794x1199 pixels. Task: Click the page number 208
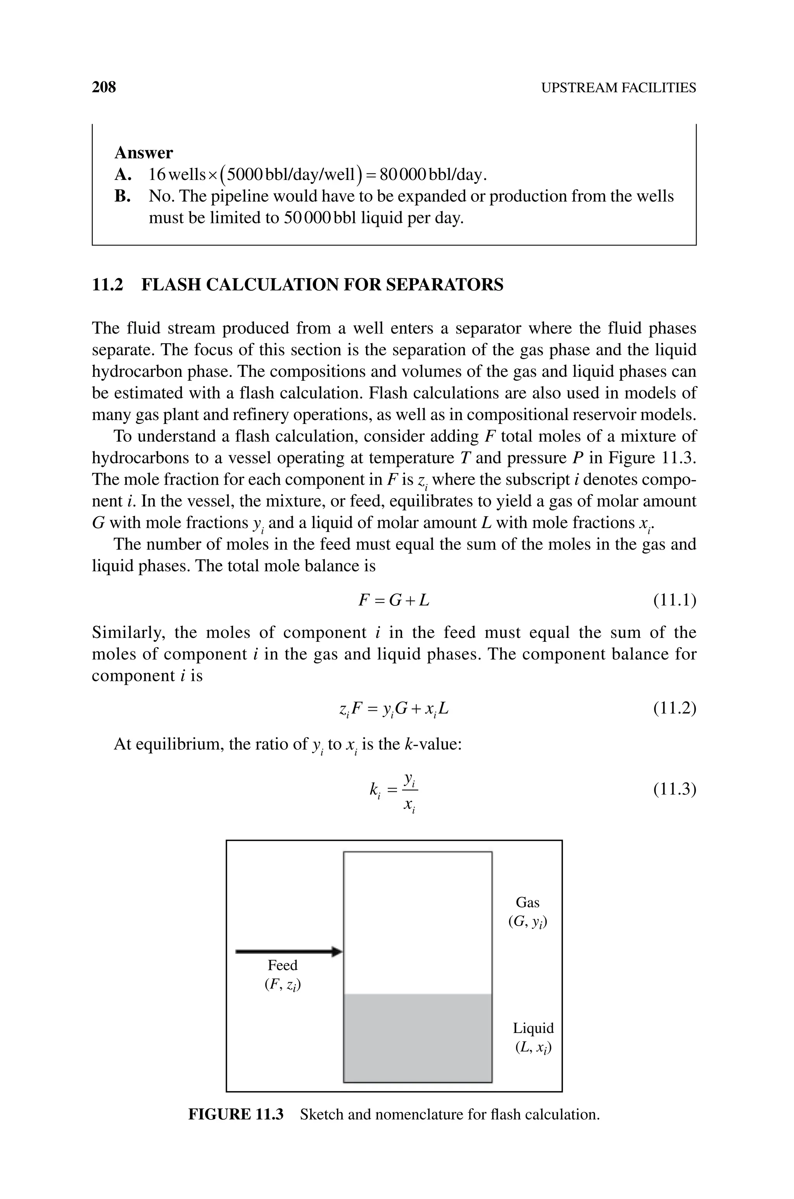pyautogui.click(x=104, y=87)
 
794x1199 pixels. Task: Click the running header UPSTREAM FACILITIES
pyautogui.click(x=618, y=88)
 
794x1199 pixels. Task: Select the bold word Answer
pyautogui.click(x=144, y=152)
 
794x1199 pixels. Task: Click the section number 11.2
pyautogui.click(x=107, y=285)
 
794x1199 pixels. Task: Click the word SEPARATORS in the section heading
pyautogui.click(x=445, y=285)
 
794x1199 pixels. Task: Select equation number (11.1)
pyautogui.click(x=675, y=601)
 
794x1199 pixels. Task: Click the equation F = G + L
pyautogui.click(x=394, y=601)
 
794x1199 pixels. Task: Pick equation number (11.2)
pyautogui.click(x=675, y=708)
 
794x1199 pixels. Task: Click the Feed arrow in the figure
pyautogui.click(x=288, y=952)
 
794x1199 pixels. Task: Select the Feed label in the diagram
pyautogui.click(x=283, y=965)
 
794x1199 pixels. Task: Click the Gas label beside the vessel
pyautogui.click(x=528, y=902)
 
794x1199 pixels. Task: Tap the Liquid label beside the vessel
pyautogui.click(x=533, y=1028)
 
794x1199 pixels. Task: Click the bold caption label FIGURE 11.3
pyautogui.click(x=235, y=1114)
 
